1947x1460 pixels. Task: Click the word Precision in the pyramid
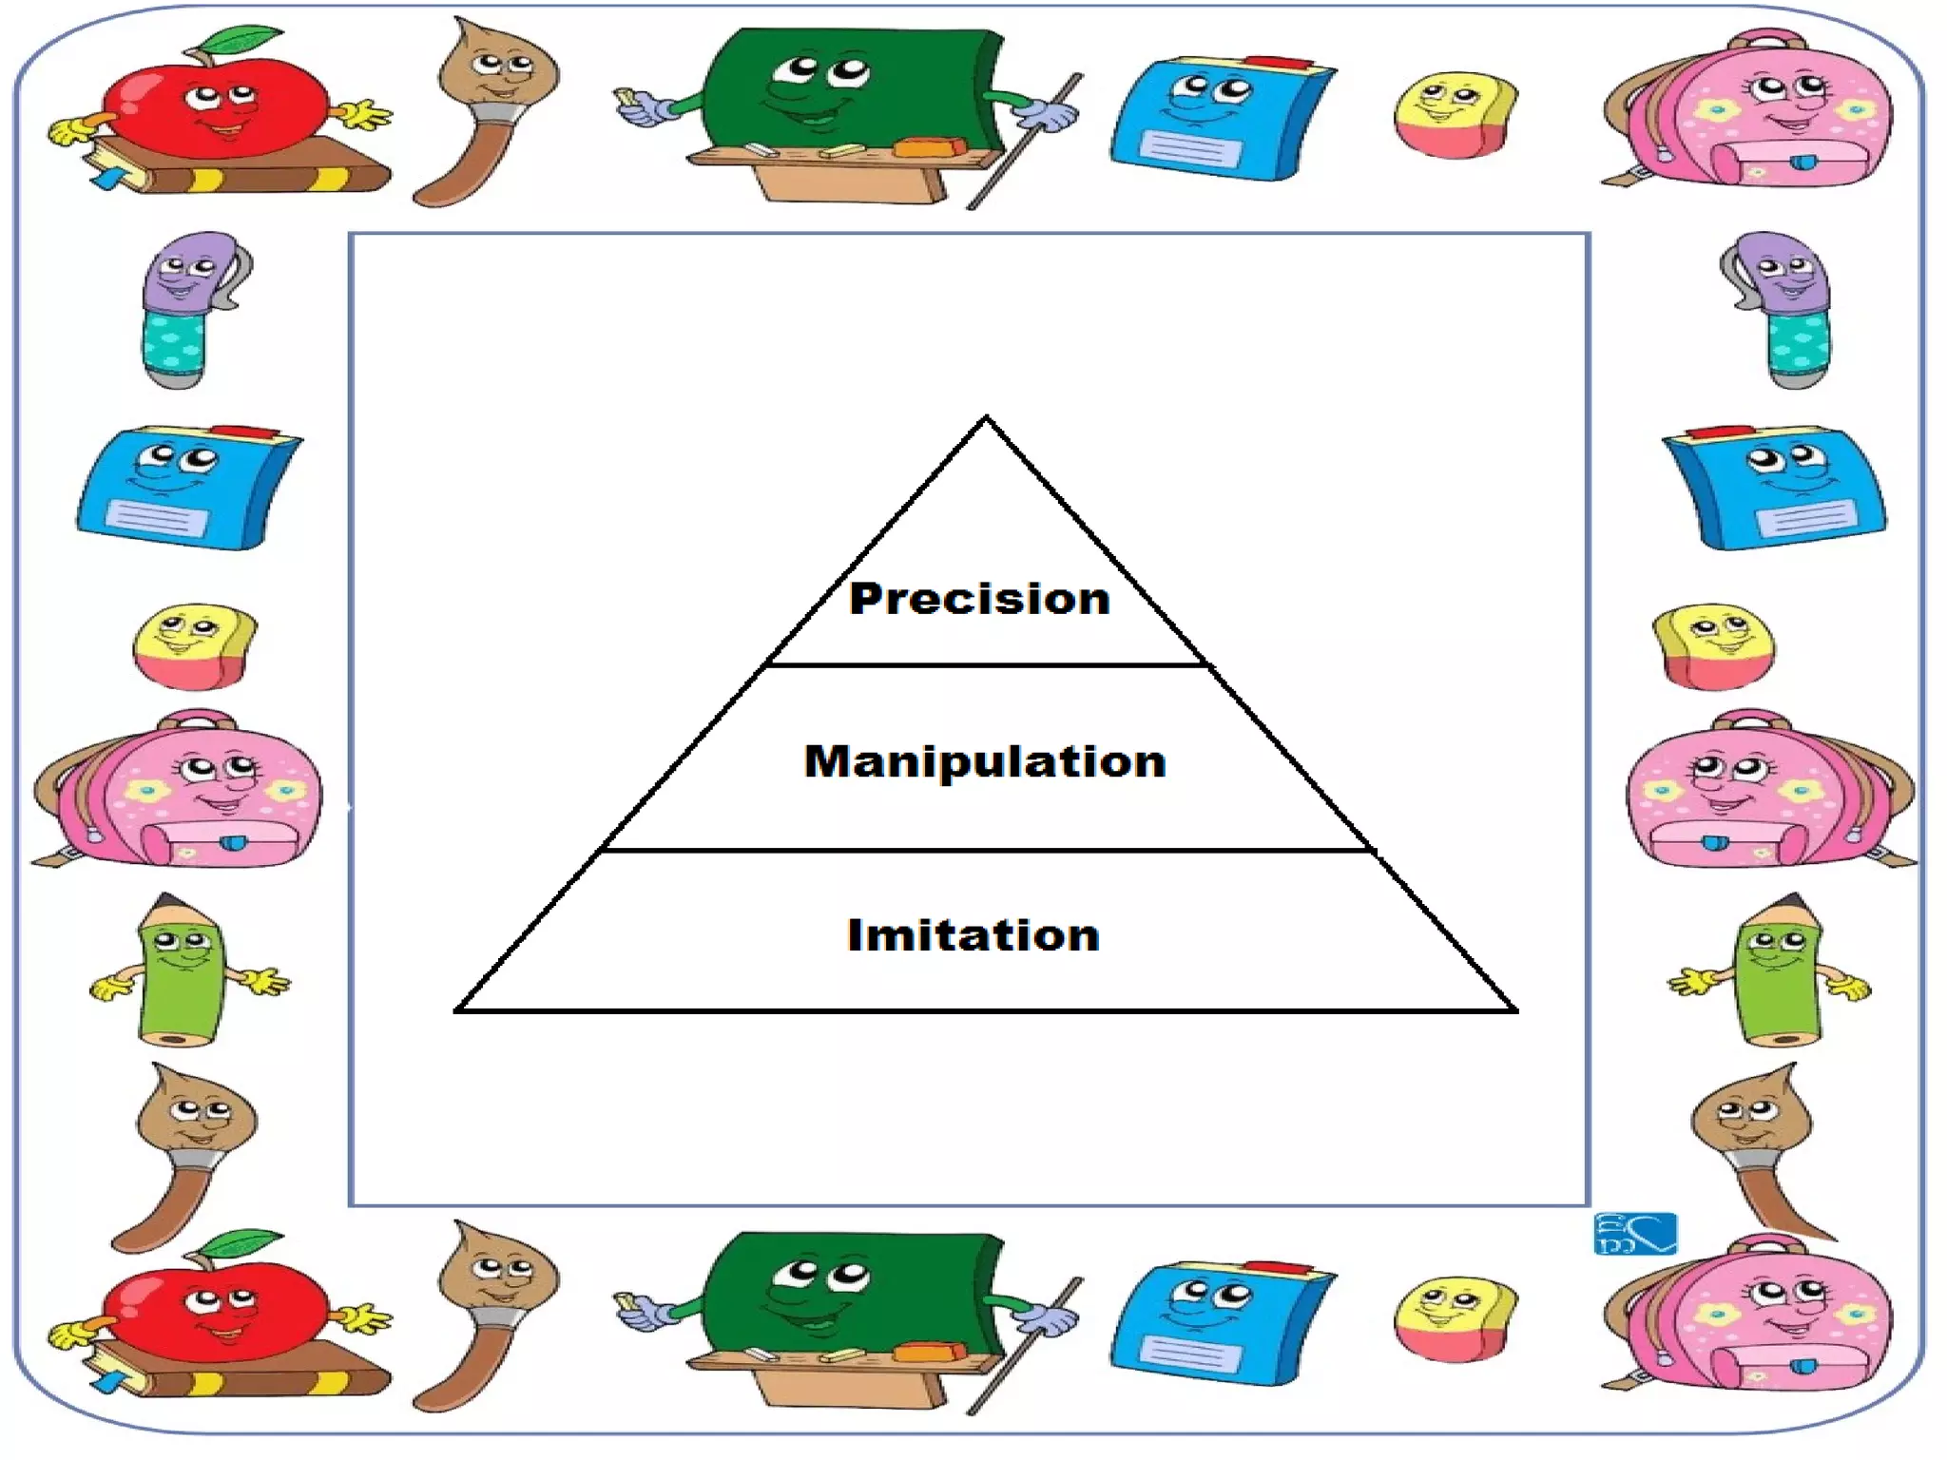pyautogui.click(x=979, y=599)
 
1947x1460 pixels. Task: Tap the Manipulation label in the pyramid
pyautogui.click(x=985, y=761)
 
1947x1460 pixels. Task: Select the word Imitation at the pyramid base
pyautogui.click(x=973, y=935)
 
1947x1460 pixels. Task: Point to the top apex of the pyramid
pyautogui.click(x=986, y=418)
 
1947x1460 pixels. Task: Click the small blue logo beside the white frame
pyautogui.click(x=1635, y=1234)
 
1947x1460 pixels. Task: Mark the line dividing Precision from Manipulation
pyautogui.click(x=986, y=665)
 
